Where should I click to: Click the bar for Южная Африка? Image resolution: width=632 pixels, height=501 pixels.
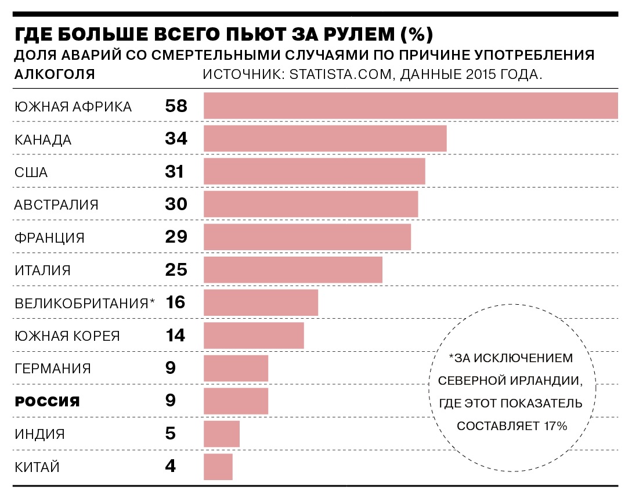click(410, 106)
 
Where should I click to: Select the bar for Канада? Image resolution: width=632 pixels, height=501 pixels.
click(325, 139)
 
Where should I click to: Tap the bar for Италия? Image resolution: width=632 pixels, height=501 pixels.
click(293, 270)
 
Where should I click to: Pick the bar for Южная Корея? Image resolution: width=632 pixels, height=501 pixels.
click(254, 336)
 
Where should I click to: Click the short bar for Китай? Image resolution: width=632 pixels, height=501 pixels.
click(218, 466)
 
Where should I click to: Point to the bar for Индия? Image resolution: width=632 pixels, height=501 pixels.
click(222, 434)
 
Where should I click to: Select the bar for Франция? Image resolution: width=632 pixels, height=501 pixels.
click(307, 237)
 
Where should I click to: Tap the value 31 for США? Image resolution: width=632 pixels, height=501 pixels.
click(174, 172)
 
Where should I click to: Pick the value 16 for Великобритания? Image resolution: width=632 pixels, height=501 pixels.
click(175, 302)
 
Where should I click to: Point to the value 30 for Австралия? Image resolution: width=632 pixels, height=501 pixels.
click(175, 204)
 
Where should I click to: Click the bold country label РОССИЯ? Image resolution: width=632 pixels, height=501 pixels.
click(47, 401)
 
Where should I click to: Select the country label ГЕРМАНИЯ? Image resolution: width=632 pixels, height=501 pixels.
click(53, 369)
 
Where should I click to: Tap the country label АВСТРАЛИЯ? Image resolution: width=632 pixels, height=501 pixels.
click(56, 205)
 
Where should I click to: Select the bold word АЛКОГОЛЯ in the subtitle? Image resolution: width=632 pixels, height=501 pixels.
click(55, 75)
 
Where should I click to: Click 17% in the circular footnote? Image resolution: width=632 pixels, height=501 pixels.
click(555, 426)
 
